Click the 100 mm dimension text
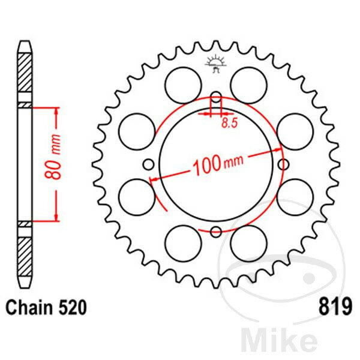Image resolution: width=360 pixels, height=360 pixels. [218, 164]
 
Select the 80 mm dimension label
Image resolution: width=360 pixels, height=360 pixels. [53, 157]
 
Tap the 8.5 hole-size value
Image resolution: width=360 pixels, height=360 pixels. [229, 123]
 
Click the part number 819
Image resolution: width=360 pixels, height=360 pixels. [335, 307]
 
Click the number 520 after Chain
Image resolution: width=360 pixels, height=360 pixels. [73, 307]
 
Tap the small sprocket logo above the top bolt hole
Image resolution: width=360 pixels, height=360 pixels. [216, 64]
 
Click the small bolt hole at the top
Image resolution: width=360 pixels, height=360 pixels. [216, 97]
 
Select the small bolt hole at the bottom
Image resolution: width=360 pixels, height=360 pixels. [216, 232]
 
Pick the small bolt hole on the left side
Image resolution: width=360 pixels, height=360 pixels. [149, 164]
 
